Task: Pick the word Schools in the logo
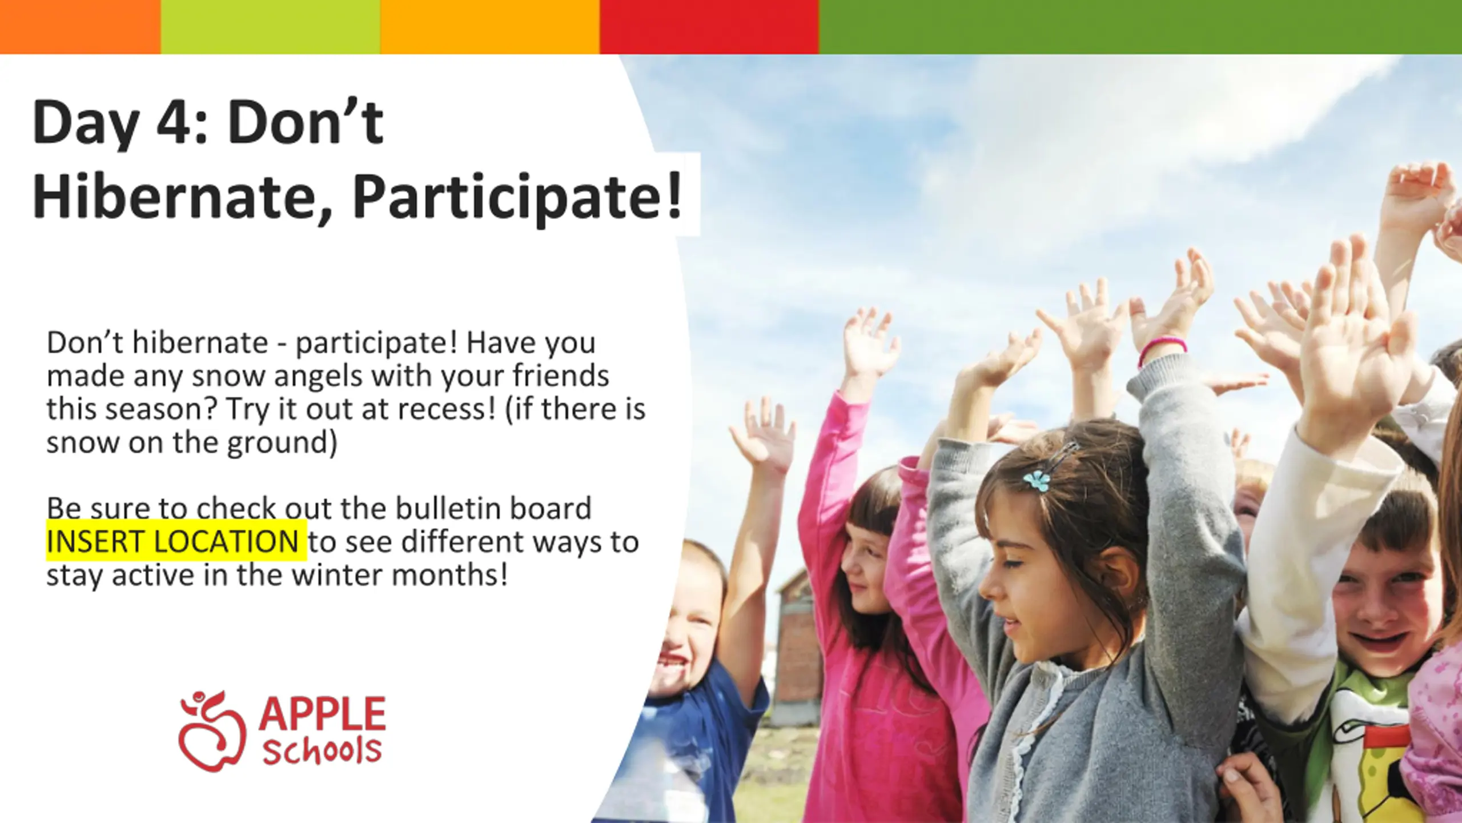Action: click(x=322, y=751)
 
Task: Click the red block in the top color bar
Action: click(x=709, y=27)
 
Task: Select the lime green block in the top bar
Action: click(x=271, y=27)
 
